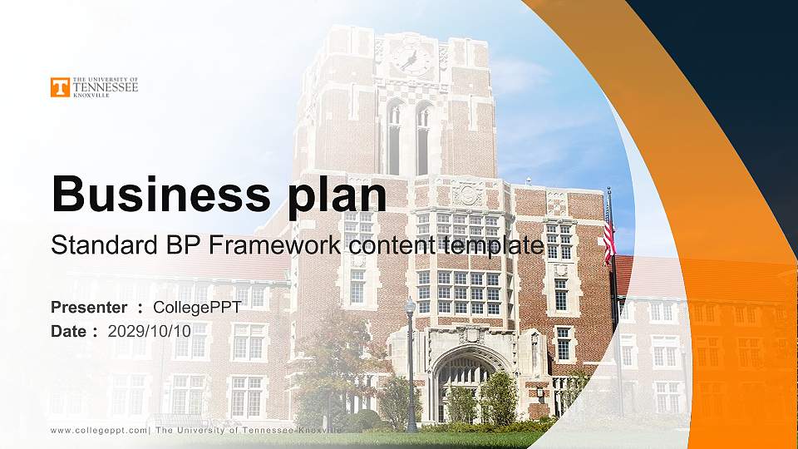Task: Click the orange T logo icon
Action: [x=60, y=87]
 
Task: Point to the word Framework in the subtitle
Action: [x=278, y=246]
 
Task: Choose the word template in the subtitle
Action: [x=494, y=246]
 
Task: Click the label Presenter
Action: [x=89, y=308]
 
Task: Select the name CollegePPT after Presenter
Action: [x=197, y=308]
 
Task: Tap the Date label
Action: [x=69, y=331]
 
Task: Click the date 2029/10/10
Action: [x=150, y=331]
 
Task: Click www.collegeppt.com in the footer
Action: [x=99, y=430]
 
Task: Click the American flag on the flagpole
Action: [x=609, y=232]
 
